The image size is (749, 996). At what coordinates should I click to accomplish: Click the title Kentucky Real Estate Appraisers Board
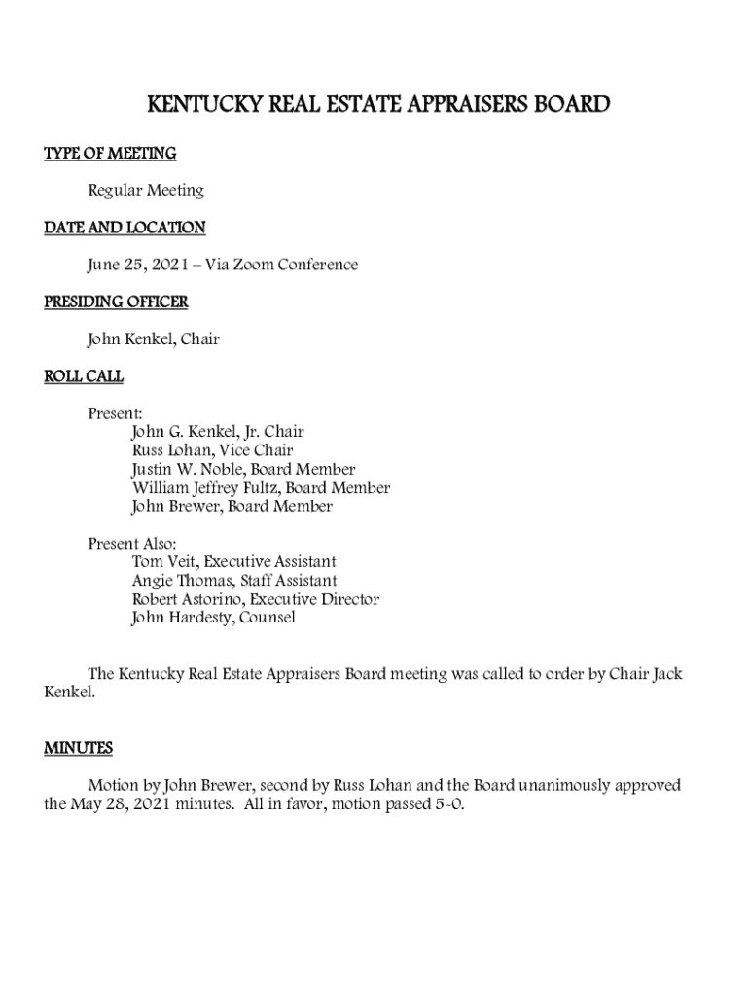377,104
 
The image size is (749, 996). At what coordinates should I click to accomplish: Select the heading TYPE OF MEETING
110,154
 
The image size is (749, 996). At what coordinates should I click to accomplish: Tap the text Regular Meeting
146,191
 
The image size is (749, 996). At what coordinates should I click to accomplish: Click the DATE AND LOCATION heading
125,228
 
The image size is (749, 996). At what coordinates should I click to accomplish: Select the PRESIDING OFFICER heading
116,302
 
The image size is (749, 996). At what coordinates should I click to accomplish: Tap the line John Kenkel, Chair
154,339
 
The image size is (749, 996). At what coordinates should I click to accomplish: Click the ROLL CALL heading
84,376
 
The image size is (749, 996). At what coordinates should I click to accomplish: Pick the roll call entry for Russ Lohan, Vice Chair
212,450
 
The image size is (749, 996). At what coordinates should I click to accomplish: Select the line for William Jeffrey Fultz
261,488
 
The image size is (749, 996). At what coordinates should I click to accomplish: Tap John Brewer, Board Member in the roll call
232,507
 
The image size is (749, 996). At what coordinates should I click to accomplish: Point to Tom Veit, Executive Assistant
233,562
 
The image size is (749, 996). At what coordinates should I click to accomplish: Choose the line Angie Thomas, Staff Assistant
234,581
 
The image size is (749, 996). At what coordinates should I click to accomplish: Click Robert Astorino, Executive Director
255,599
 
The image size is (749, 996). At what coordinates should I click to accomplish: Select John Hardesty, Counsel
213,618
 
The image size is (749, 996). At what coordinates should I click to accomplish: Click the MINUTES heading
79,748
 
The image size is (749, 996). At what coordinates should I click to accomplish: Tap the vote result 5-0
448,804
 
